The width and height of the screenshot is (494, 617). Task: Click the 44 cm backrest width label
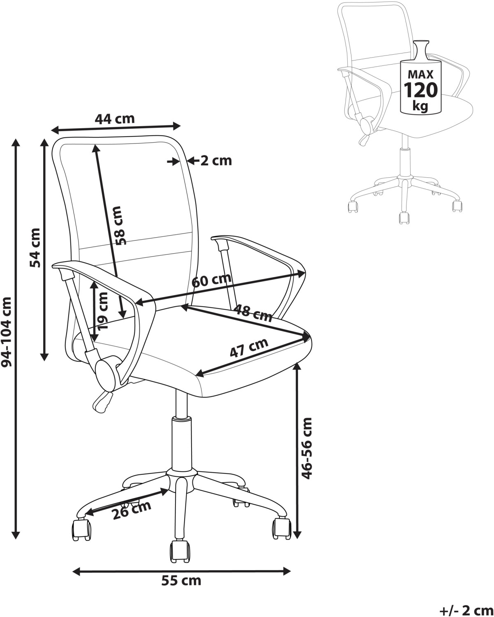(115, 119)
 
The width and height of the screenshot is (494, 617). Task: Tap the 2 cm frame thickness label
(216, 160)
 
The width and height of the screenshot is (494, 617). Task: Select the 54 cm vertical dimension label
(35, 248)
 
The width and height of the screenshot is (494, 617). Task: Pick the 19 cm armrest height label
(102, 311)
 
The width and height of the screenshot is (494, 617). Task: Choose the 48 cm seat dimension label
(253, 313)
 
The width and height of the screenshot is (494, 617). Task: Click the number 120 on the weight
(421, 90)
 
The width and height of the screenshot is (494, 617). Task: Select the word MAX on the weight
(421, 74)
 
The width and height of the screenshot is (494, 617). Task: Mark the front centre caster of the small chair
(404, 217)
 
